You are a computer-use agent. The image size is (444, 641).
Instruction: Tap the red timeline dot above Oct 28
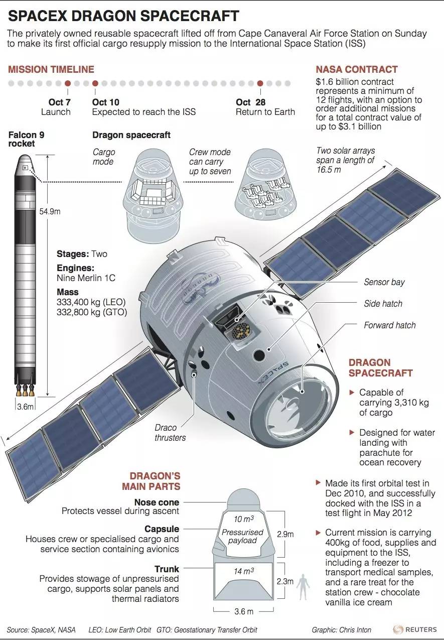tap(260, 83)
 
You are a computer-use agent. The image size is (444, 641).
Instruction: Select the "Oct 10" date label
tap(105, 102)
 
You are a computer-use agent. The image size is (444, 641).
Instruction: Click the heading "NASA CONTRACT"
tap(357, 70)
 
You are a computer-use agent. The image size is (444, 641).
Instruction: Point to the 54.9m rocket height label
tap(50, 211)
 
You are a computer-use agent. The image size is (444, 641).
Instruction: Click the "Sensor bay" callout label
tap(384, 282)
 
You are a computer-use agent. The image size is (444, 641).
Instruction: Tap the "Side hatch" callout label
tap(383, 304)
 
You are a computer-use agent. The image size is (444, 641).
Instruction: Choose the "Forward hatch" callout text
tap(389, 325)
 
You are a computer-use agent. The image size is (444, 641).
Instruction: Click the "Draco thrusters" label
tap(170, 433)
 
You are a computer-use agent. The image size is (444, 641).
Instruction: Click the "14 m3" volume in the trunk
tap(244, 571)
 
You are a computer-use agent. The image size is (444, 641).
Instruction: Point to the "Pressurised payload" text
tap(242, 536)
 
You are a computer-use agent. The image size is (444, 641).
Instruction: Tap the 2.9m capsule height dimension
tap(285, 535)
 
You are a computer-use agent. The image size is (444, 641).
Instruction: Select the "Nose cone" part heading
tap(157, 502)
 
